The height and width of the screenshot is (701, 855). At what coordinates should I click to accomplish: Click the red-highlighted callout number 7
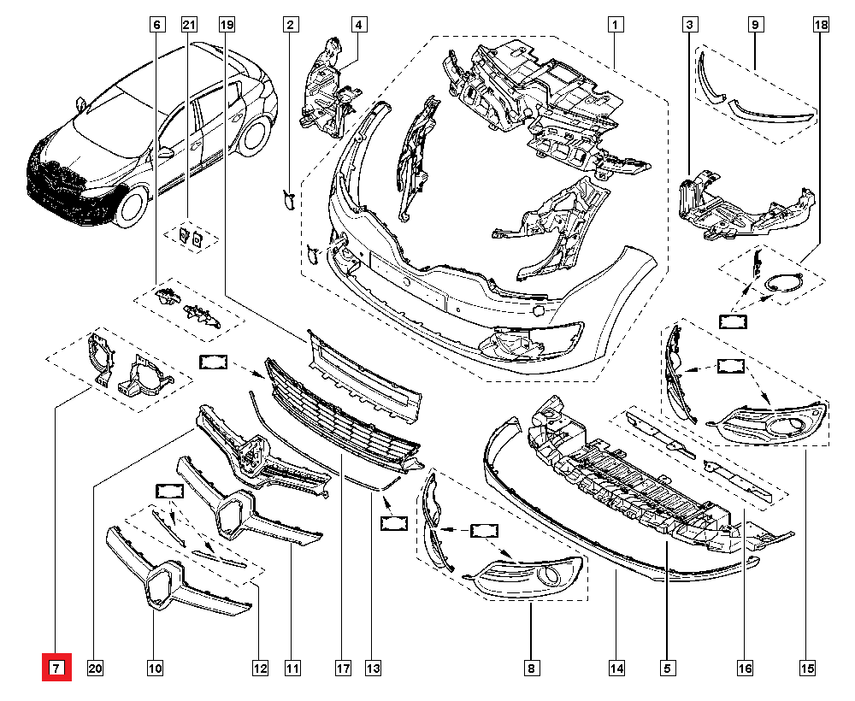(x=56, y=668)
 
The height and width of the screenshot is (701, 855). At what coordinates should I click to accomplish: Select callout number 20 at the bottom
(x=95, y=668)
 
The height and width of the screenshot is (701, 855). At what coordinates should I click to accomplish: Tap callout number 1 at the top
(x=614, y=25)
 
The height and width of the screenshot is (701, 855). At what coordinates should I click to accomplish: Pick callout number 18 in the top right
(x=820, y=25)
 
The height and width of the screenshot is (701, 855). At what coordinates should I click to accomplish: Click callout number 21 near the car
(x=189, y=25)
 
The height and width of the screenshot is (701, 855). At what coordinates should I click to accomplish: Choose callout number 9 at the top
(x=756, y=25)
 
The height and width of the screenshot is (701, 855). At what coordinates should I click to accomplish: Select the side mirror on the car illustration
(x=164, y=153)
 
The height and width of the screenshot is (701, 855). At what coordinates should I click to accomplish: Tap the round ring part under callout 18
(x=781, y=284)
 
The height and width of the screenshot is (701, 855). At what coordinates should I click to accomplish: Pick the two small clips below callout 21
(x=190, y=236)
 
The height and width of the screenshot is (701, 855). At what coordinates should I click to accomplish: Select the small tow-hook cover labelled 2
(x=288, y=200)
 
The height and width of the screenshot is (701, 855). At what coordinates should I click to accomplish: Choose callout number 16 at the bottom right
(x=746, y=668)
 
